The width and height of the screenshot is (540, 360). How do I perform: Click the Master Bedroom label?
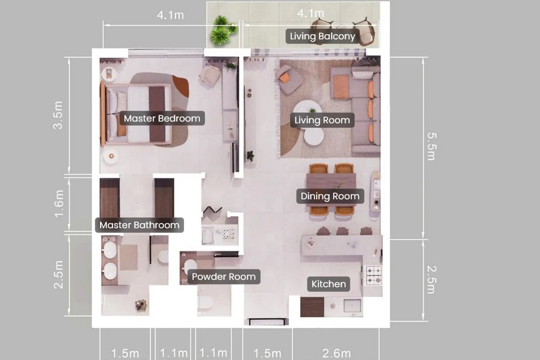[x=162, y=118]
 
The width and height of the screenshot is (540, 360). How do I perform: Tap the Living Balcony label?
[x=322, y=36]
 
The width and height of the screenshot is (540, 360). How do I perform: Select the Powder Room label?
[x=224, y=277]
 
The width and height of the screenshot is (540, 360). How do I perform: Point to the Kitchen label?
[x=328, y=284]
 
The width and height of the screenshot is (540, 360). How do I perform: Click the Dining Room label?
[x=330, y=196]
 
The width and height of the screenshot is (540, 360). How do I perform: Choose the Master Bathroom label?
[x=139, y=225]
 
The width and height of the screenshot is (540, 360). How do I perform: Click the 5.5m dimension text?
[x=432, y=146]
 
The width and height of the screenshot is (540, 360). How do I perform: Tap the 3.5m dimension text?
[x=58, y=115]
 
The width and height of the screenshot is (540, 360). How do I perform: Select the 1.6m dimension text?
[x=59, y=204]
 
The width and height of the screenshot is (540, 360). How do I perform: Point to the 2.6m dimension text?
[x=336, y=354]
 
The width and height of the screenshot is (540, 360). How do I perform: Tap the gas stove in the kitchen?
[x=374, y=275]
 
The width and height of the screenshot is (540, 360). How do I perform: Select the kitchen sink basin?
[x=352, y=306]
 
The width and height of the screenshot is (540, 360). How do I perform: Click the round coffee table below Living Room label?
[x=314, y=137]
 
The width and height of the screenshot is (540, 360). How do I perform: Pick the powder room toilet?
[x=205, y=302]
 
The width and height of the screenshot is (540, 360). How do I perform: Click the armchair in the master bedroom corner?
[x=210, y=75]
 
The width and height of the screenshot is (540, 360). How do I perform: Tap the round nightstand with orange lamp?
[x=111, y=156]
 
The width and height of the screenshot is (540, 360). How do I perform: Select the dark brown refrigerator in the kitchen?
[x=312, y=307]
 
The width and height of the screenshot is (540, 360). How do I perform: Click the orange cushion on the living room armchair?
[x=284, y=78]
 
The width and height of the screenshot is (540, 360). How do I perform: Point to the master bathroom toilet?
[x=163, y=257]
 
